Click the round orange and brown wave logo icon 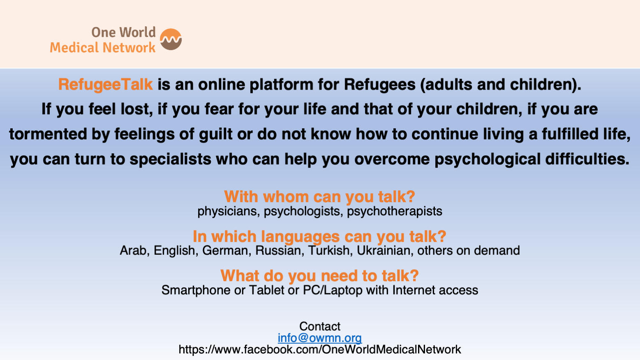(171, 39)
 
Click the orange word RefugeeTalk (105, 85)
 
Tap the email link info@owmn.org (320, 338)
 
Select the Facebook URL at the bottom (320, 349)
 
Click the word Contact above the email (320, 326)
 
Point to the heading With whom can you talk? (319, 196)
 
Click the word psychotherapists (395, 212)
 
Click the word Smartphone (196, 290)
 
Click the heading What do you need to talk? (319, 276)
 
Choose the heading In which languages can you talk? (319, 237)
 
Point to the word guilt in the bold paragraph (215, 134)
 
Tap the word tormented (48, 134)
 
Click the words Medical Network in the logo (103, 47)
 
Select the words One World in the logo (123, 32)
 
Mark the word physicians (229, 212)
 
